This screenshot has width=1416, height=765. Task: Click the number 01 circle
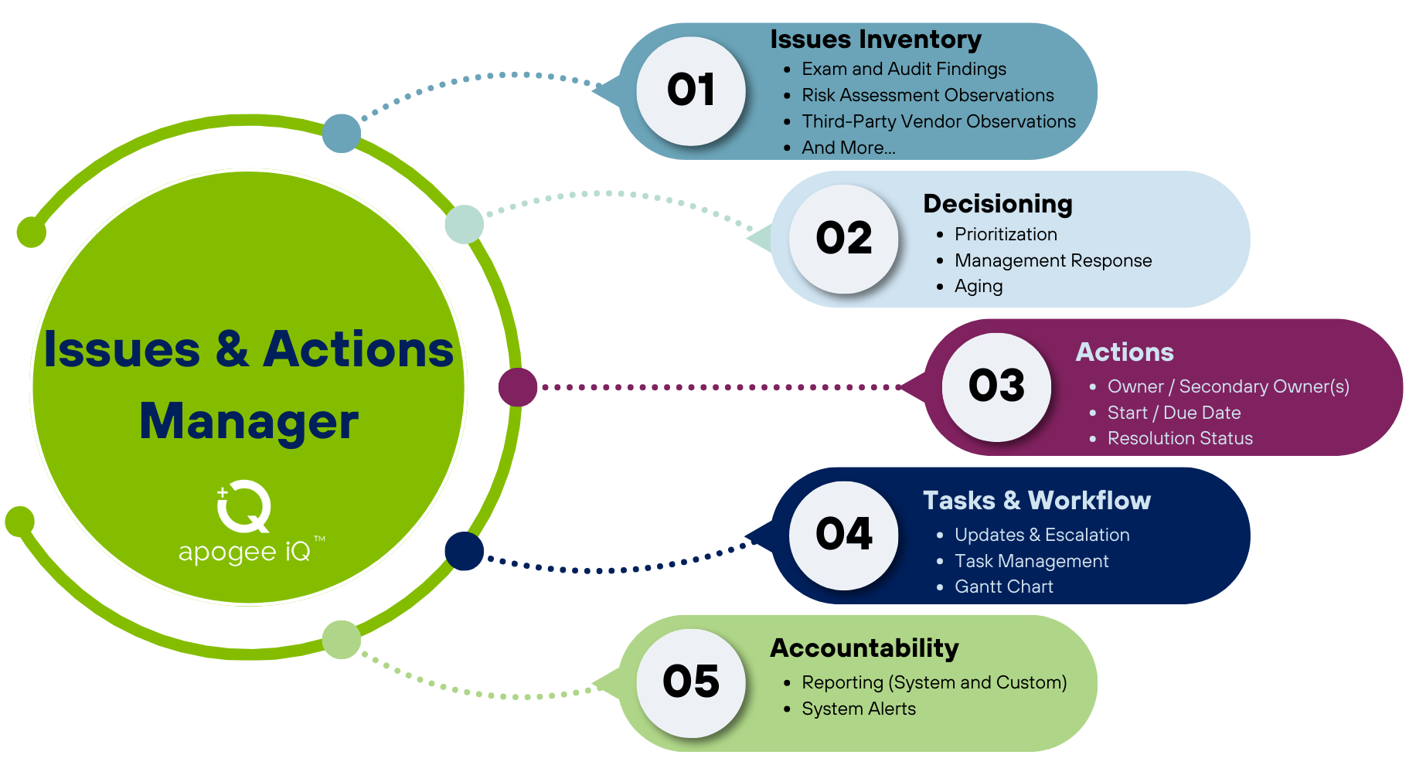coord(691,91)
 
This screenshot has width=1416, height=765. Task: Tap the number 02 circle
coord(844,239)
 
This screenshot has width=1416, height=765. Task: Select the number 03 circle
coord(997,387)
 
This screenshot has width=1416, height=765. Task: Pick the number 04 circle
coord(844,535)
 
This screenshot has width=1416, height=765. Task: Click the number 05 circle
coord(691,683)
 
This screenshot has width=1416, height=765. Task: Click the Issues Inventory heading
coord(876,39)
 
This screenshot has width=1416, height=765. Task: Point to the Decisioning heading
coord(998,204)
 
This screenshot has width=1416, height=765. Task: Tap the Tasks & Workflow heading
coord(1036,501)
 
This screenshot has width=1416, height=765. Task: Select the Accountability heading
coord(864,648)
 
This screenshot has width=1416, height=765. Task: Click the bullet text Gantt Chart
coord(1004,586)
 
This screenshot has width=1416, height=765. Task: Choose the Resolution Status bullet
coord(1180,438)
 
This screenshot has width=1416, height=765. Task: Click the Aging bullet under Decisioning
coord(979,287)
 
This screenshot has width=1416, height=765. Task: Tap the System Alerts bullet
coord(859,709)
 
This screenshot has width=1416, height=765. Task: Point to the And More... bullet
coord(849,148)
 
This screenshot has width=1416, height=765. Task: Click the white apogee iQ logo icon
coord(243,507)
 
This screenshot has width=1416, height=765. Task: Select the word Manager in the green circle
coord(249,422)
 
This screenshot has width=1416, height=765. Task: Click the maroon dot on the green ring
coord(518,387)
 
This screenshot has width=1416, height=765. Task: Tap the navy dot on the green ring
coord(465,551)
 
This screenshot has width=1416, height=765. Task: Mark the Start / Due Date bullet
coord(1174,413)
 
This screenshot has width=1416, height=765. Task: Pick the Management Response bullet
coord(1053,260)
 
